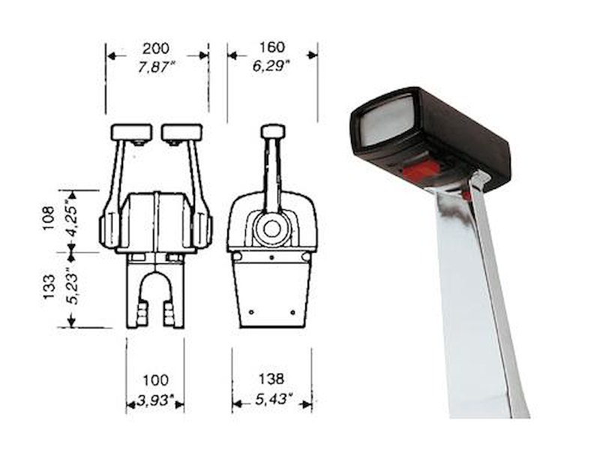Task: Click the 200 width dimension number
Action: tap(156, 49)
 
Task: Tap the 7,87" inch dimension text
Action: tap(156, 67)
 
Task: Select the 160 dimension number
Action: tap(272, 47)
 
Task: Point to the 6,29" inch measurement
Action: tap(271, 66)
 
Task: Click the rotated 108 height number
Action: tap(49, 218)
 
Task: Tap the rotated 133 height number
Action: tap(49, 287)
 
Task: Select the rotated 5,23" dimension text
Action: tap(71, 287)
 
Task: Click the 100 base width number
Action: tap(155, 380)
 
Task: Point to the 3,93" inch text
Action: tap(155, 400)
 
